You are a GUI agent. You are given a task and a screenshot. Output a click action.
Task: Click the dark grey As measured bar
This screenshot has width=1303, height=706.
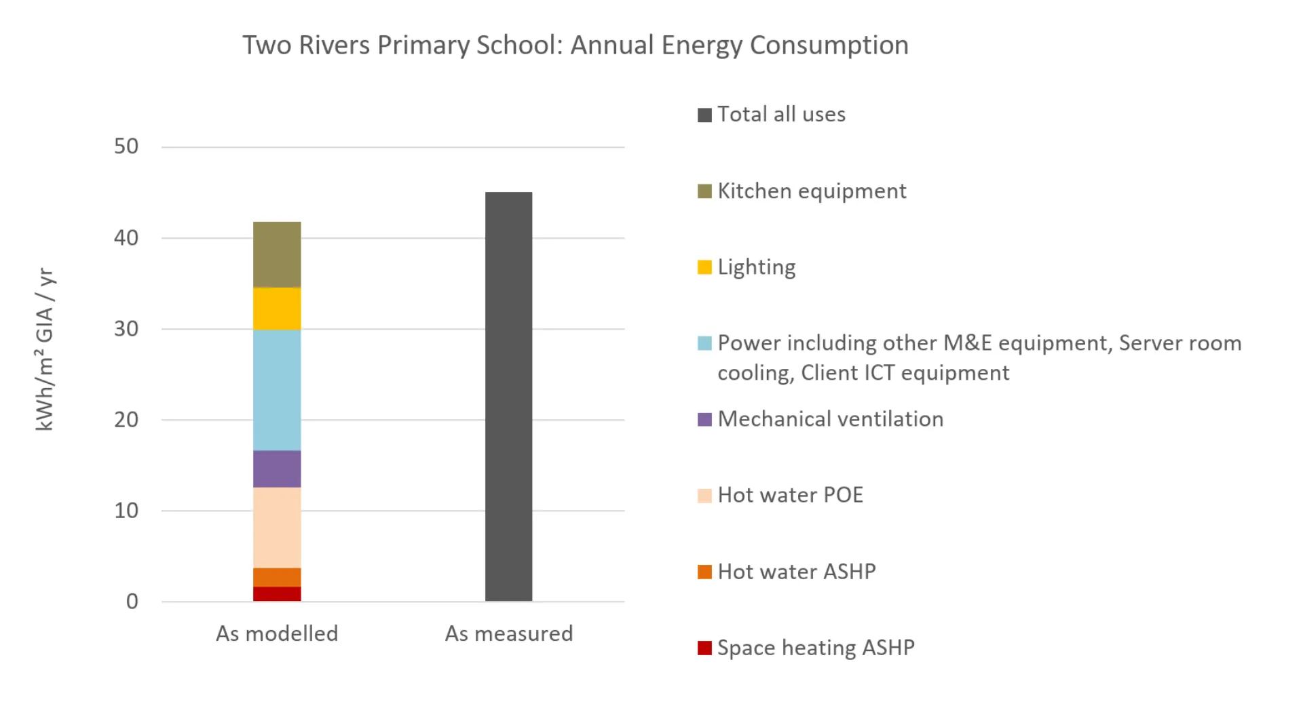pos(508,396)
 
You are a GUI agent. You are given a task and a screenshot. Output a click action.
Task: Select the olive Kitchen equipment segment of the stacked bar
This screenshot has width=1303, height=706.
pos(277,254)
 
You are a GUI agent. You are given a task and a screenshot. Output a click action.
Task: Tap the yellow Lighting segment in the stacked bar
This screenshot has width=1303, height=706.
pos(277,309)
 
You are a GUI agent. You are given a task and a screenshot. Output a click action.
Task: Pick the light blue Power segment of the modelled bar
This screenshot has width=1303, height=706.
pos(277,389)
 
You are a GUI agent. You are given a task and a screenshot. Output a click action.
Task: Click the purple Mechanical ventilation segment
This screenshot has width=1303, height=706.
pos(277,469)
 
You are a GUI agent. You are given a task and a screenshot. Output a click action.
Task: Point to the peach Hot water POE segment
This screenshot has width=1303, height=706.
pos(277,527)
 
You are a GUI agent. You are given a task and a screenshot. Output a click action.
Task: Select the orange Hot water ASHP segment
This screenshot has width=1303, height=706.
pos(277,577)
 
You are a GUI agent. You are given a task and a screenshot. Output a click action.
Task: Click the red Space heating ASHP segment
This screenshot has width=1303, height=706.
pos(277,594)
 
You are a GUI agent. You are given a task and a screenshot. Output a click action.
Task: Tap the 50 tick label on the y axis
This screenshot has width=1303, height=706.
pos(126,146)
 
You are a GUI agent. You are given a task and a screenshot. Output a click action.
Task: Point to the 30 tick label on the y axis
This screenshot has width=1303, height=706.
pos(126,329)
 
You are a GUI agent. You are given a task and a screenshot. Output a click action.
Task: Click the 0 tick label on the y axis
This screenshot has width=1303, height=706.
pos(132,602)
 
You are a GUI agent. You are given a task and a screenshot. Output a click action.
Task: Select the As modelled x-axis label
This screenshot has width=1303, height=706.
pos(277,633)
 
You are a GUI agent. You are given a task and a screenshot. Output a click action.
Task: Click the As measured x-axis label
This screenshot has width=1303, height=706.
pos(508,633)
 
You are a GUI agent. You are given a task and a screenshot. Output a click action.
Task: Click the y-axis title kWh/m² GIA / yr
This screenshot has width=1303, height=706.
pos(45,349)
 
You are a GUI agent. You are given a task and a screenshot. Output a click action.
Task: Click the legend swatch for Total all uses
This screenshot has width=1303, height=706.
pos(704,115)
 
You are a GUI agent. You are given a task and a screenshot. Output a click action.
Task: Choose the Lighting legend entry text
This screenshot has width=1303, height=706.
pos(756,267)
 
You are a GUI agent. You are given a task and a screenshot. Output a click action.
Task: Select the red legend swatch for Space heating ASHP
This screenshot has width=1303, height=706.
pos(704,648)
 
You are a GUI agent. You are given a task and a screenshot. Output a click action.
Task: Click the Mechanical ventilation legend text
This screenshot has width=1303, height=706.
pos(830,419)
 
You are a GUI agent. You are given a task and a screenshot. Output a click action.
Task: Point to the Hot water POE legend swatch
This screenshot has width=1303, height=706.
pos(704,496)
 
